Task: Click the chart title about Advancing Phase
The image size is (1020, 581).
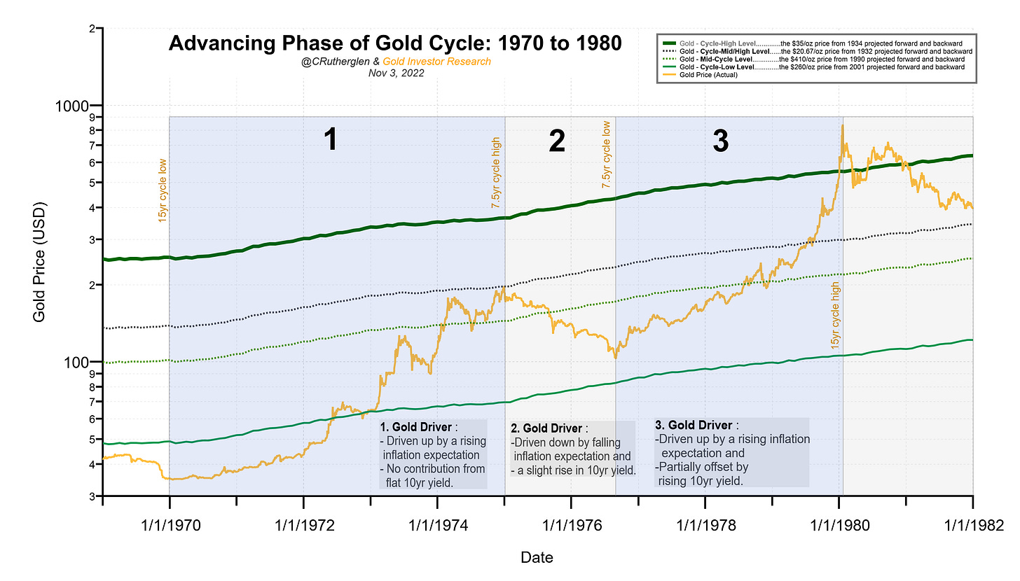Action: [395, 43]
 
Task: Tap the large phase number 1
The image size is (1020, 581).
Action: [331, 141]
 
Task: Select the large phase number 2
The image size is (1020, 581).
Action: [557, 141]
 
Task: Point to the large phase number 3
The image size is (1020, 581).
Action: [720, 141]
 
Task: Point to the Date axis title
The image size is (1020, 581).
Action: [537, 558]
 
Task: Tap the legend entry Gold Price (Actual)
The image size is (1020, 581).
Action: [707, 75]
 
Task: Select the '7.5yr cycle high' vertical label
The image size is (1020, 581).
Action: [496, 172]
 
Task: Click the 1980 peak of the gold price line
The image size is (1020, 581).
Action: [843, 125]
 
